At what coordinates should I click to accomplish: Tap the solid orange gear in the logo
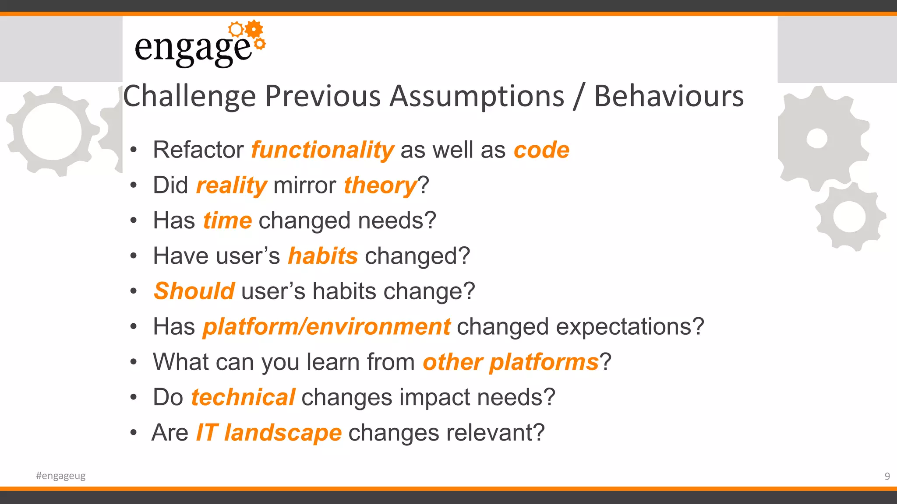[254, 29]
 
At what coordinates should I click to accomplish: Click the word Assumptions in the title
[477, 96]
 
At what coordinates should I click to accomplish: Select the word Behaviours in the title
[668, 96]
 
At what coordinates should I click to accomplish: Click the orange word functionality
[322, 150]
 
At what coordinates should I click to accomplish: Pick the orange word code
[541, 150]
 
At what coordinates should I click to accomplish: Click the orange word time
[227, 220]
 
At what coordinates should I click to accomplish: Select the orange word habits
[323, 256]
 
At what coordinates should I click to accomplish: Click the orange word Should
[194, 291]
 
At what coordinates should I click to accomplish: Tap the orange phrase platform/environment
[326, 327]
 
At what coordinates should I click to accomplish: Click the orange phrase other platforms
[511, 362]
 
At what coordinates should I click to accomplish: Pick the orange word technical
[243, 398]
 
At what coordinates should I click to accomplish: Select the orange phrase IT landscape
[268, 433]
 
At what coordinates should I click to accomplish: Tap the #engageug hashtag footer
[61, 476]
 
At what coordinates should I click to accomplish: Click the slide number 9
[887, 476]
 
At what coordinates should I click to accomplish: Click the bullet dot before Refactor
[134, 150]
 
